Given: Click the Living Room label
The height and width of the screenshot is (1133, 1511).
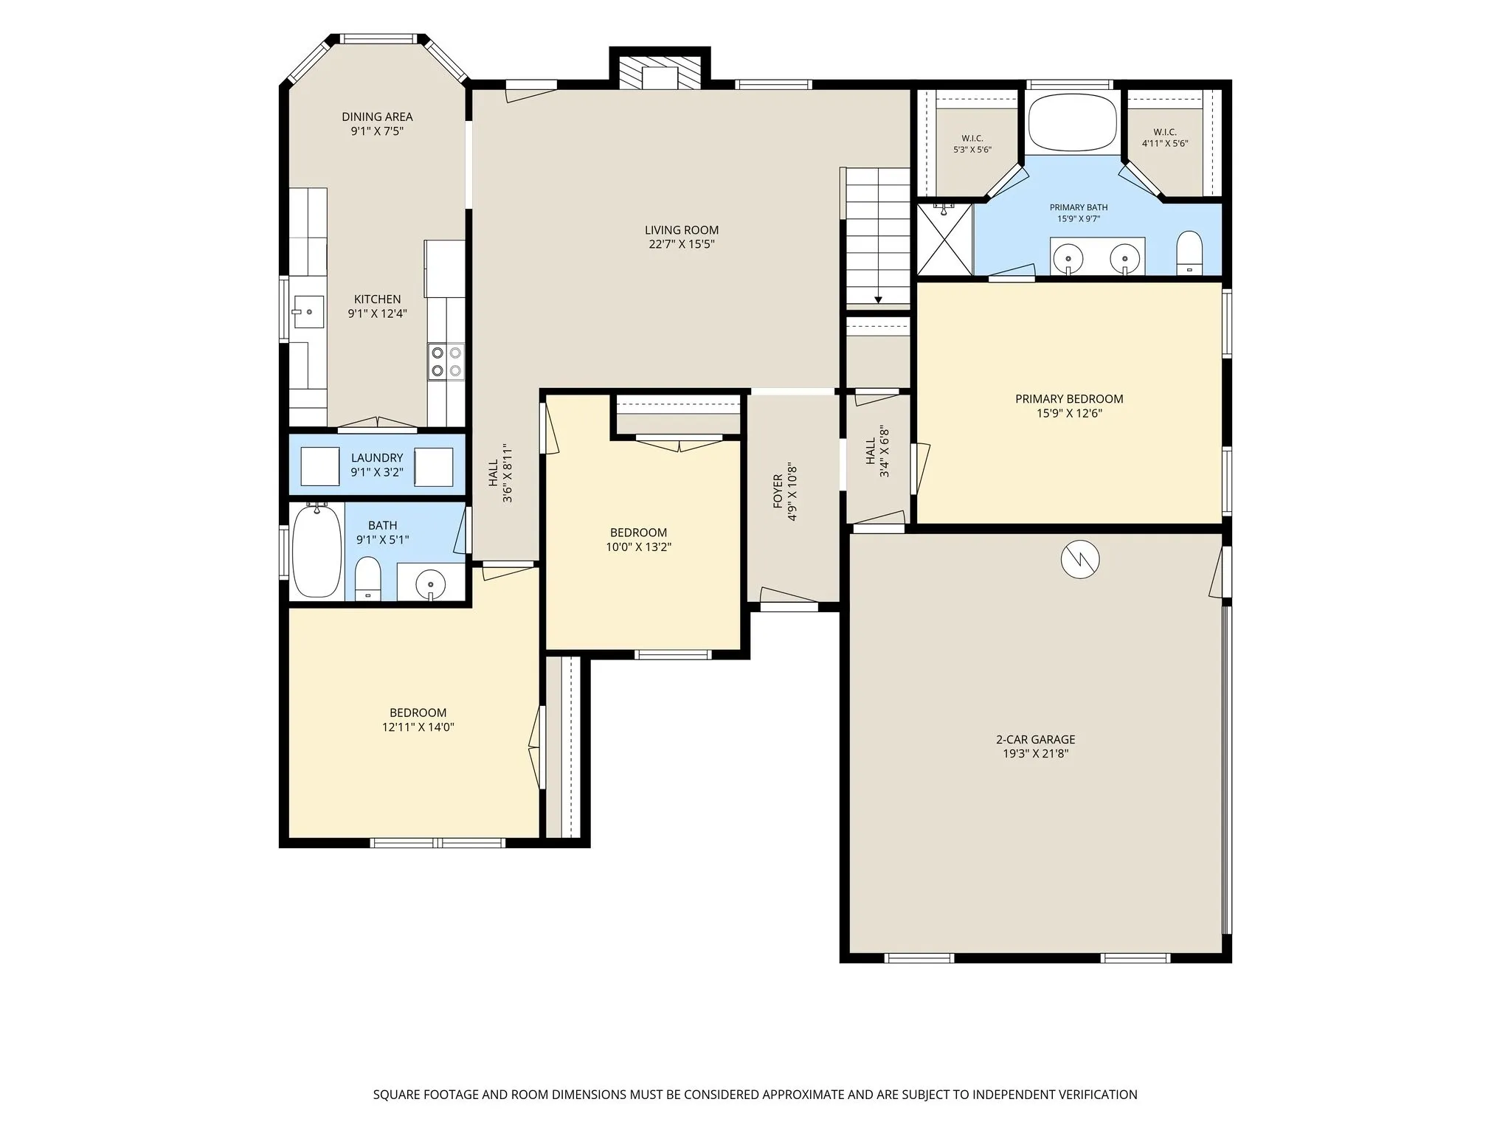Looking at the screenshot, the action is click(681, 230).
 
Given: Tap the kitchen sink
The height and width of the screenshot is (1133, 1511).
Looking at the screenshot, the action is click(308, 311).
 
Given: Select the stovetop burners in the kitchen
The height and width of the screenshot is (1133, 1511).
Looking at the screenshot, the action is click(446, 362).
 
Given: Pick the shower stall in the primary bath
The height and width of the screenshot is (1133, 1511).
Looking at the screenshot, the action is click(944, 240).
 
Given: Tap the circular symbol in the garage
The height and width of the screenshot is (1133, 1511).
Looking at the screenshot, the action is click(1080, 560).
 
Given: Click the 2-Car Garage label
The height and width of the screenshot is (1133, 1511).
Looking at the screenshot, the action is click(1035, 740).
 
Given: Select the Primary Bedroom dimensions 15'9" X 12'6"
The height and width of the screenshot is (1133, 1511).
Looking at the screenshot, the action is click(1069, 414).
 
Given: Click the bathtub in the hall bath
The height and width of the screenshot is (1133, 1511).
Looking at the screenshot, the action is click(317, 551).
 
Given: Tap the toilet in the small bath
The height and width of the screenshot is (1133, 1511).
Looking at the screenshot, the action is click(367, 579).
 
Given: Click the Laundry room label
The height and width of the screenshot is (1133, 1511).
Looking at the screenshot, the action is click(377, 458).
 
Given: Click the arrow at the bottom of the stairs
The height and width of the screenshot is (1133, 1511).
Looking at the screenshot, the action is click(878, 299).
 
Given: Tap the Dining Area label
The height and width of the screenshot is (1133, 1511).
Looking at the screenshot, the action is click(377, 117).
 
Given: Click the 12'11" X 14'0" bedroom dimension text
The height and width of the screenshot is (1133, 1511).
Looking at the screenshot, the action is click(418, 727).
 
